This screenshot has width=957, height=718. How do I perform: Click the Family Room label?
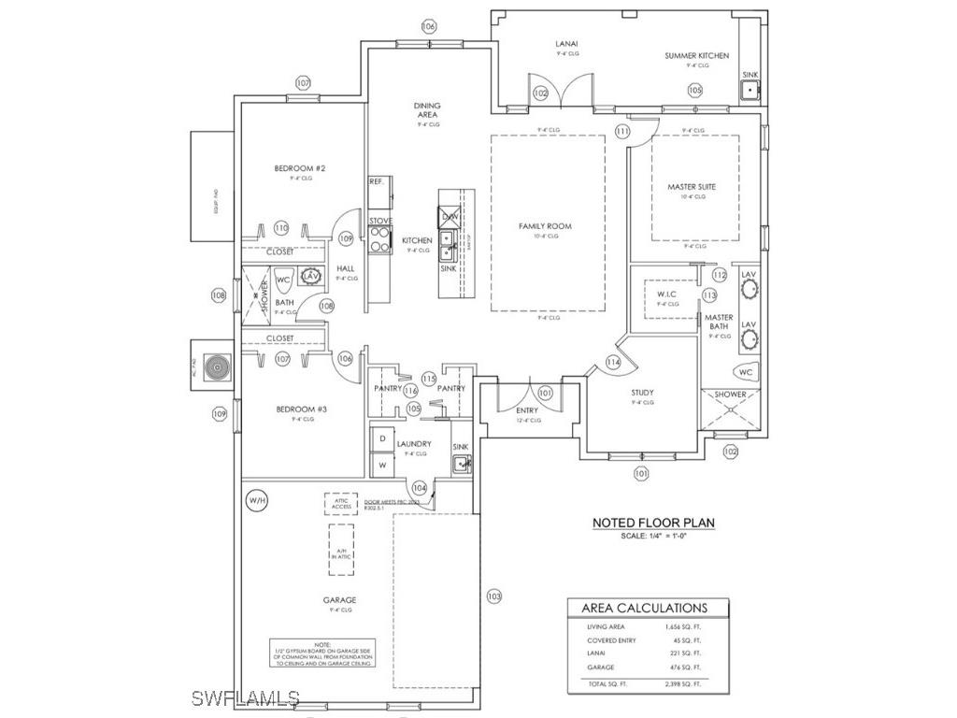tap(545, 226)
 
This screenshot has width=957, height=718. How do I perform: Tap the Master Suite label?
tap(692, 187)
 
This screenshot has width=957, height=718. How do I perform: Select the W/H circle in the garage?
tap(257, 501)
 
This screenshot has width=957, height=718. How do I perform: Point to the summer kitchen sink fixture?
tap(750, 91)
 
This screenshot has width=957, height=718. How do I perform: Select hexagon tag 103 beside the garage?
tap(494, 596)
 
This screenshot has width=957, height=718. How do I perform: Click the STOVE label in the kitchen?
tap(380, 221)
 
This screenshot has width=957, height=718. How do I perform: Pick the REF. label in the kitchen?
tap(378, 181)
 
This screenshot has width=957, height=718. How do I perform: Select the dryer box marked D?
tap(382, 438)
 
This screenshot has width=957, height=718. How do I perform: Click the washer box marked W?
tap(382, 464)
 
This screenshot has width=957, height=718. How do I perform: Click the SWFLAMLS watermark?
tap(245, 698)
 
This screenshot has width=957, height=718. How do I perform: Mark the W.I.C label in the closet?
tap(666, 294)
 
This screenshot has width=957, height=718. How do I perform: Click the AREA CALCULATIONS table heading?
tap(645, 608)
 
